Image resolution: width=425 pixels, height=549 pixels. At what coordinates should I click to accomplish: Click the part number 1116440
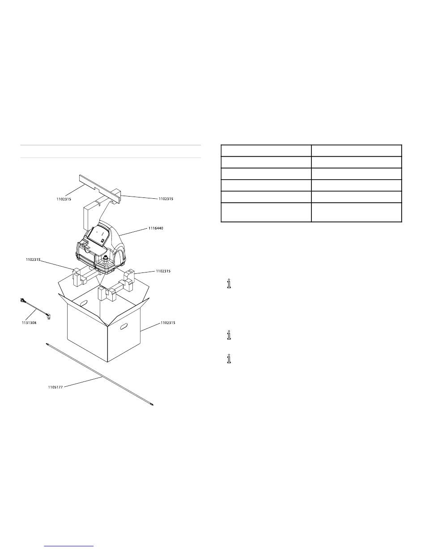click(156, 228)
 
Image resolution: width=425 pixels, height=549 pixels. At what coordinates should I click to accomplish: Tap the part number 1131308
click(29, 323)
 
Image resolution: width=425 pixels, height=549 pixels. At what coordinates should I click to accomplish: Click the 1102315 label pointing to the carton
click(168, 323)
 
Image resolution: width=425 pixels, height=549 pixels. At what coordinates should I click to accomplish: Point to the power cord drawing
click(35, 309)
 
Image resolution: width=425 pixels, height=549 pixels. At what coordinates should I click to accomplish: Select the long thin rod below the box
click(100, 374)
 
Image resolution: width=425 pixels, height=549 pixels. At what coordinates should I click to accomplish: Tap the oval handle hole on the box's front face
click(124, 327)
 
